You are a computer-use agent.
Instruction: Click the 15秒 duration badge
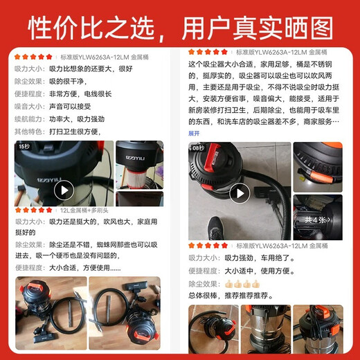(x=24, y=147)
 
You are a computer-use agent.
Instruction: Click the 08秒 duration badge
(x=199, y=147)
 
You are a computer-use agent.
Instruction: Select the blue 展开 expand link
(x=194, y=133)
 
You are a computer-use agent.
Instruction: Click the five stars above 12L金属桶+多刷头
(x=34, y=210)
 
